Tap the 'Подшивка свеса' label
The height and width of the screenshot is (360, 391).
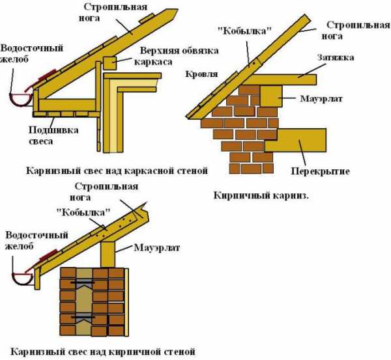pyautogui.click(x=54, y=135)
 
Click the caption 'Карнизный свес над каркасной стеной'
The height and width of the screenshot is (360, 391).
pyautogui.click(x=117, y=171)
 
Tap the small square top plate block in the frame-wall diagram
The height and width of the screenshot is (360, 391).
pyautogui.click(x=109, y=63)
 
